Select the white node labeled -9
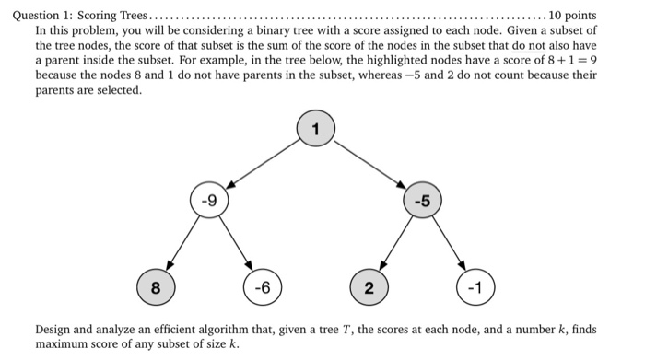click(209, 200)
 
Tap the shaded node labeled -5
click(422, 200)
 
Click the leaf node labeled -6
click(263, 288)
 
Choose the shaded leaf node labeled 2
click(369, 288)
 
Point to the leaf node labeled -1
click(475, 288)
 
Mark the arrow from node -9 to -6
click(236, 244)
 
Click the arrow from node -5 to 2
click(395, 244)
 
